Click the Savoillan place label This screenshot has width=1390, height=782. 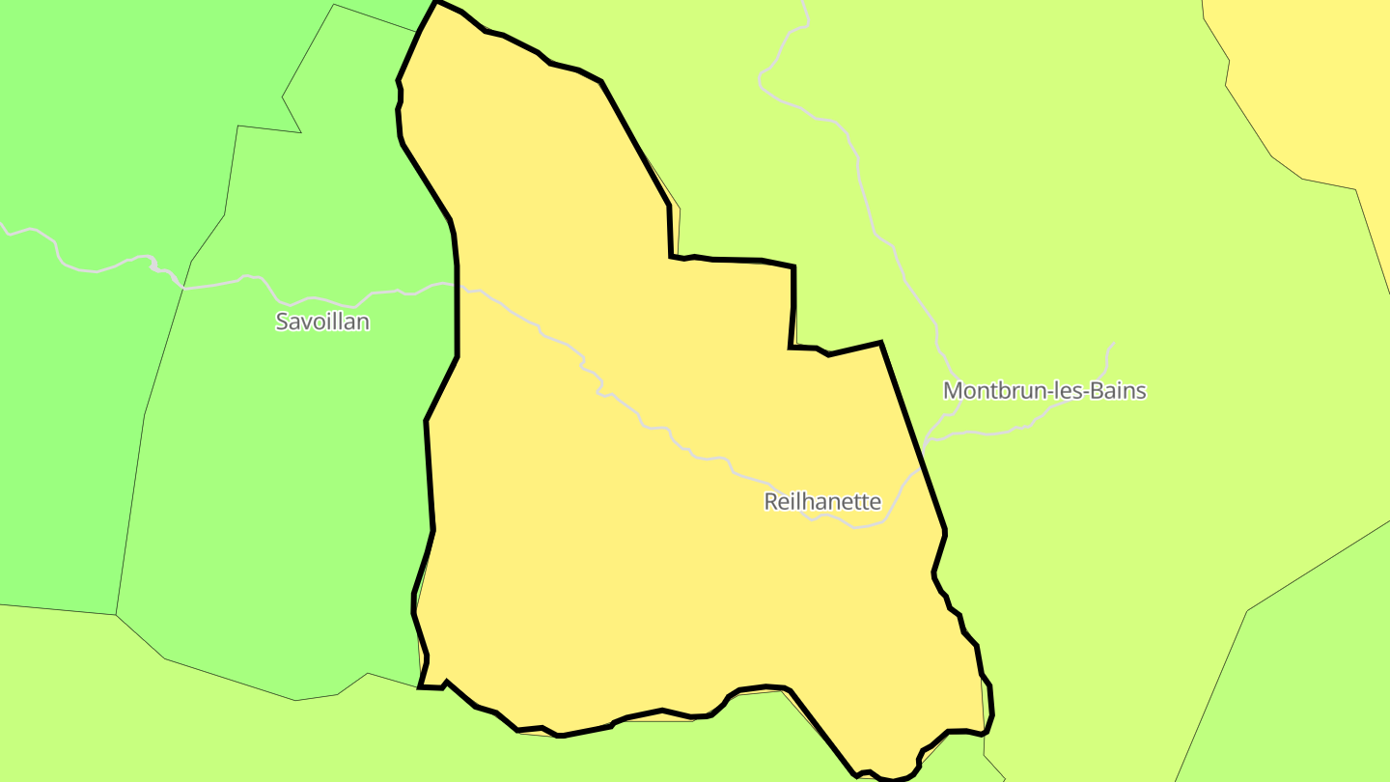pyautogui.click(x=322, y=321)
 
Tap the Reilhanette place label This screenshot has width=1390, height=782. pyautogui.click(x=822, y=502)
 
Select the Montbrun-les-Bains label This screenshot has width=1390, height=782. pyautogui.click(x=1044, y=391)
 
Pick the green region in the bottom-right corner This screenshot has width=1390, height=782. pyautogui.click(x=1303, y=695)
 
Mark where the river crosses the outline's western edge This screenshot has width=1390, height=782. pyautogui.click(x=456, y=284)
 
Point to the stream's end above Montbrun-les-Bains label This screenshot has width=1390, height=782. pyautogui.click(x=1115, y=344)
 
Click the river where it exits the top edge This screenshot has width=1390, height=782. pyautogui.click(x=804, y=3)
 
